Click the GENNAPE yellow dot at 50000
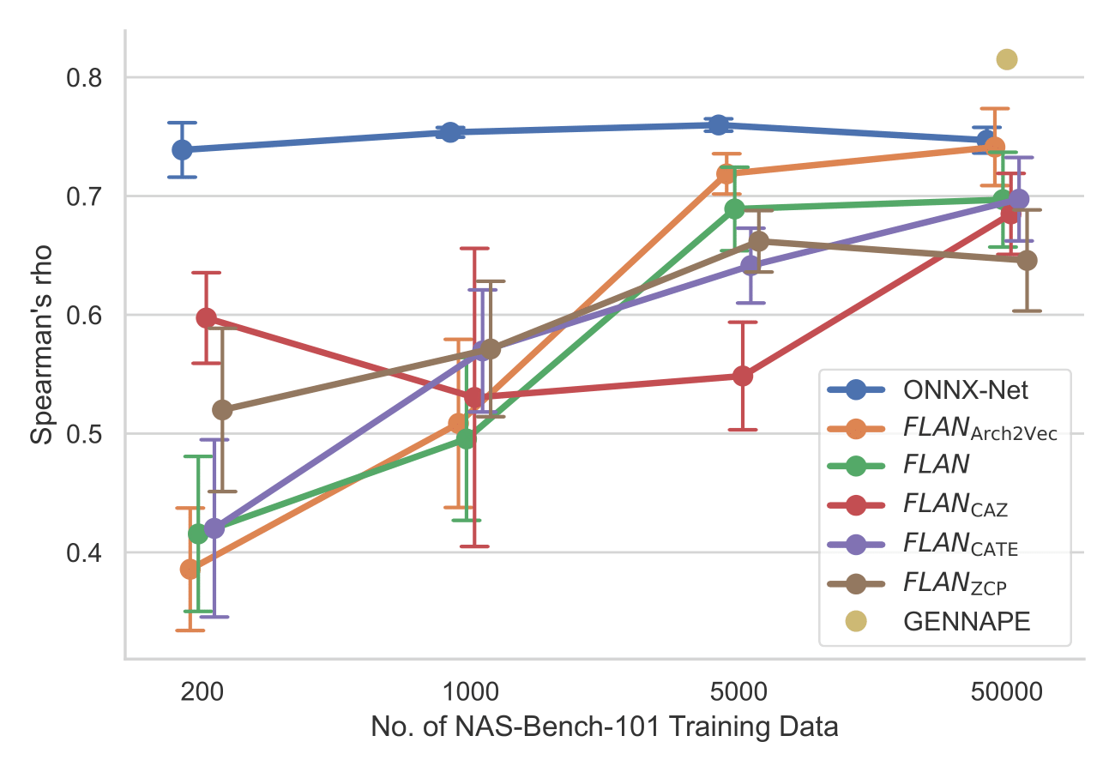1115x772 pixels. (x=1007, y=59)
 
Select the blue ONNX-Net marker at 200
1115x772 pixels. (x=182, y=149)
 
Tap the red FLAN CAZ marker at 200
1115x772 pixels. (x=206, y=317)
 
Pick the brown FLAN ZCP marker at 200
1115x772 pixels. (x=222, y=410)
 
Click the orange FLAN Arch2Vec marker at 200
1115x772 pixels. (x=190, y=569)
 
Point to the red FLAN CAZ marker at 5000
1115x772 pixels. (x=743, y=376)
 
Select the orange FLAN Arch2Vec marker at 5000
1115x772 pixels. (x=726, y=173)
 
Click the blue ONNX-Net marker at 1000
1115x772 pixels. (x=450, y=132)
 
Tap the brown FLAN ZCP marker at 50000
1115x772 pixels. (x=1027, y=260)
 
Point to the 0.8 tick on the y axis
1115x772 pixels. (x=84, y=78)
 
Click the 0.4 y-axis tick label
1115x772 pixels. (x=84, y=553)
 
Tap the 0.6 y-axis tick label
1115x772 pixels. (x=84, y=316)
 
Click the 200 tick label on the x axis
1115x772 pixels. (x=203, y=692)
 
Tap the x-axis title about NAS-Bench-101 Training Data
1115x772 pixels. (x=604, y=728)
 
